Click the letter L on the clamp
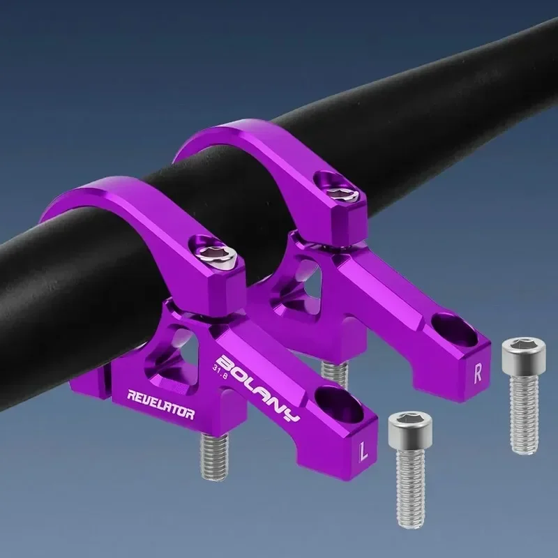pos(362,452)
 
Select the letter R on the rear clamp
pos(478,372)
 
